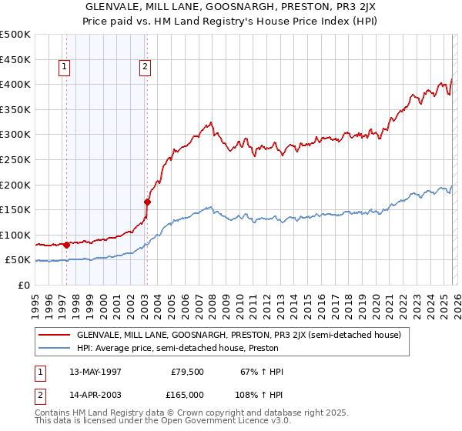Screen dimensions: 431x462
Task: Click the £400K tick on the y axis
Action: click(16, 84)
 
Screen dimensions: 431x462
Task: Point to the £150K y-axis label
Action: click(16, 209)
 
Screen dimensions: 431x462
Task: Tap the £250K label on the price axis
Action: click(16, 159)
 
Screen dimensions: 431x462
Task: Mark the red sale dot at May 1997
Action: click(66, 246)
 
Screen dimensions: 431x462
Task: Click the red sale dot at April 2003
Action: click(147, 202)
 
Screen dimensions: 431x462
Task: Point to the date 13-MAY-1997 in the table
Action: click(95, 372)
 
